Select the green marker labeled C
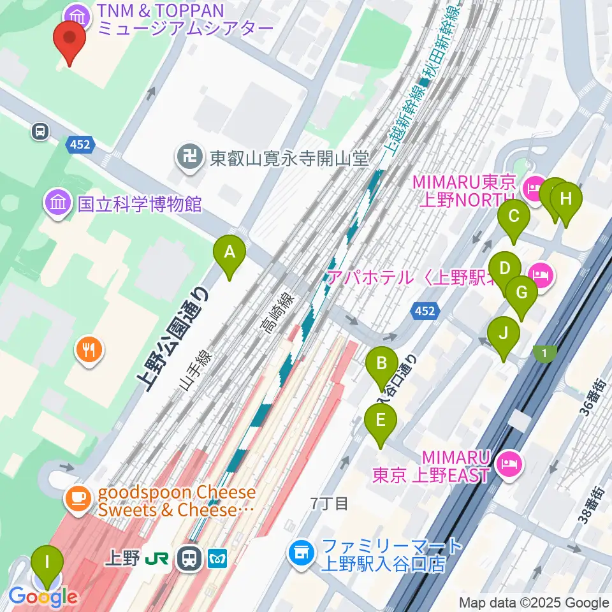(x=513, y=218)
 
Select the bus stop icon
(x=40, y=131)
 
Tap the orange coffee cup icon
(x=78, y=497)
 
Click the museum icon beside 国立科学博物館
(x=57, y=203)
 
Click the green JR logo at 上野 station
(x=158, y=559)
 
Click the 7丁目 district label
(x=329, y=504)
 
